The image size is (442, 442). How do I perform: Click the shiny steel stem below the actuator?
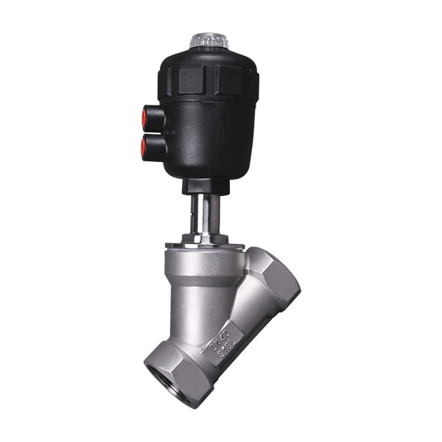pos(204,214)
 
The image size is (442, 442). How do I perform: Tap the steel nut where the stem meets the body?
pos(204,237)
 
